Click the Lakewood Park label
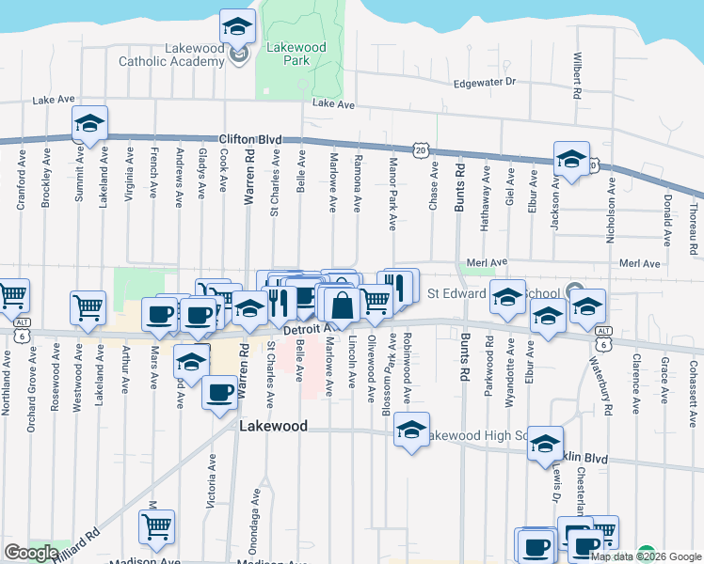296,54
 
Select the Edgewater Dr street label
485,83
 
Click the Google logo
31,553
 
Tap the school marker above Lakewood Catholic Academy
238,26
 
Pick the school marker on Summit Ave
89,123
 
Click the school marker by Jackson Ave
570,159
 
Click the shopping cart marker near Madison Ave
157,526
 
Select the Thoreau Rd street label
693,226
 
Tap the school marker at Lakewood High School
411,431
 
